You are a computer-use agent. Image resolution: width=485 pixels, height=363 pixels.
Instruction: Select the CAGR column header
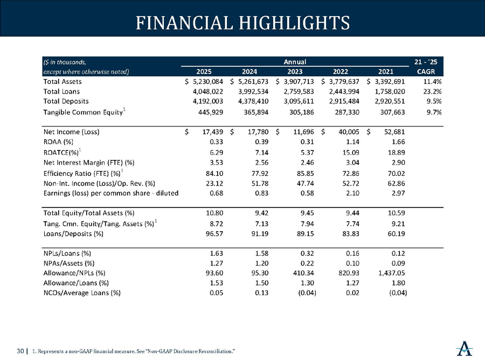431,72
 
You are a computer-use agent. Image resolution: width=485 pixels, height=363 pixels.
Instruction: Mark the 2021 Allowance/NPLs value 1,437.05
390,272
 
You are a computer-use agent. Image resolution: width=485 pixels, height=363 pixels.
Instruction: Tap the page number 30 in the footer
20,351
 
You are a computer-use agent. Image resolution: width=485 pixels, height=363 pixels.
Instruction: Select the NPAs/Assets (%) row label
70,262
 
